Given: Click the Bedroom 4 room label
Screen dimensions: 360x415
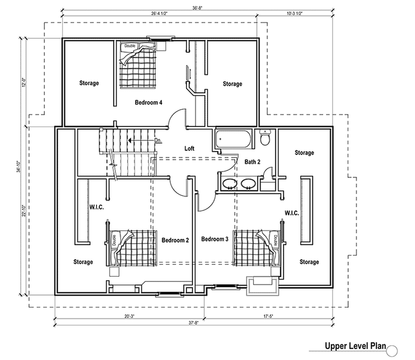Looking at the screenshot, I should tap(149, 102).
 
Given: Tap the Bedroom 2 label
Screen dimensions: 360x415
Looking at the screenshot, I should tap(175, 240).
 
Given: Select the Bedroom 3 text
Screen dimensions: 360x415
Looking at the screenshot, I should tap(214, 239).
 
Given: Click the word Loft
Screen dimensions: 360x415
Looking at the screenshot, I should tap(189, 149).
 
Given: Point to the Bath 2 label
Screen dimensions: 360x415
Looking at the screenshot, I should tap(252, 162).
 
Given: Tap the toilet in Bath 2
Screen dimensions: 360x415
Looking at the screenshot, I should tap(265, 138).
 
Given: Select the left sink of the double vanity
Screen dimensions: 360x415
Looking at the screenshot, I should tap(229, 183).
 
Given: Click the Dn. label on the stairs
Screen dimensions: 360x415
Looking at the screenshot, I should tap(158, 141).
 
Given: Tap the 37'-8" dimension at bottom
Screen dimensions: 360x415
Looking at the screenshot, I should tap(193, 323).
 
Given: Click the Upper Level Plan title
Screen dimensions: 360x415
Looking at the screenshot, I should tap(355, 346).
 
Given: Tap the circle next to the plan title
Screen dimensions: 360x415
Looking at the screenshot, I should tap(392, 350).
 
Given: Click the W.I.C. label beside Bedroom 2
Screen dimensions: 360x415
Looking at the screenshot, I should tap(96, 207).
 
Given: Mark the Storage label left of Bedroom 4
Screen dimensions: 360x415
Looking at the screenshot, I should tap(89, 83).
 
